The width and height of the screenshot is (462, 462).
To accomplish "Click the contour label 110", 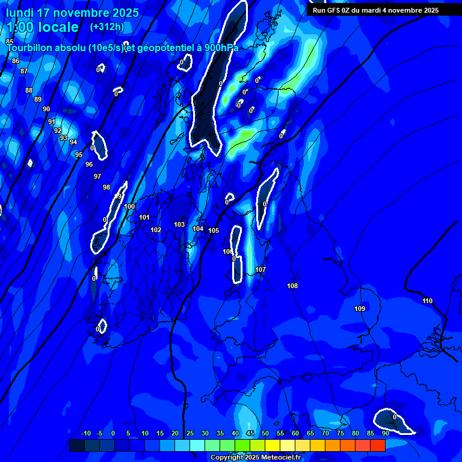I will tap(427, 301).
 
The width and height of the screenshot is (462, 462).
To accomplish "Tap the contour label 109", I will tap(360, 309).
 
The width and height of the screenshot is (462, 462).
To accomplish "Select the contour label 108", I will tap(292, 286).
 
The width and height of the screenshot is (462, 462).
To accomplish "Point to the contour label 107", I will tap(260, 269).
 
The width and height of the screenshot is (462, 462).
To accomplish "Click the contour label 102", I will tap(156, 230).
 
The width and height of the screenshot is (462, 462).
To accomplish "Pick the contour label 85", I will tap(10, 42).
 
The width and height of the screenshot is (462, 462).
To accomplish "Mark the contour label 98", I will tap(106, 187).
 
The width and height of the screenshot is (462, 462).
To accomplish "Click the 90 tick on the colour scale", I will tap(385, 433).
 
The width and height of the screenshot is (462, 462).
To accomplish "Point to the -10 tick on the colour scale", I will tap(86, 433).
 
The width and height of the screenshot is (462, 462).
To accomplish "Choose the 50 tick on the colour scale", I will tap(265, 433).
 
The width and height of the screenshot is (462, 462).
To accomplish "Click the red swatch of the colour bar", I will tap(378, 445).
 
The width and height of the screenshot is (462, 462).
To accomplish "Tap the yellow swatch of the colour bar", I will tap(273, 445).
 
